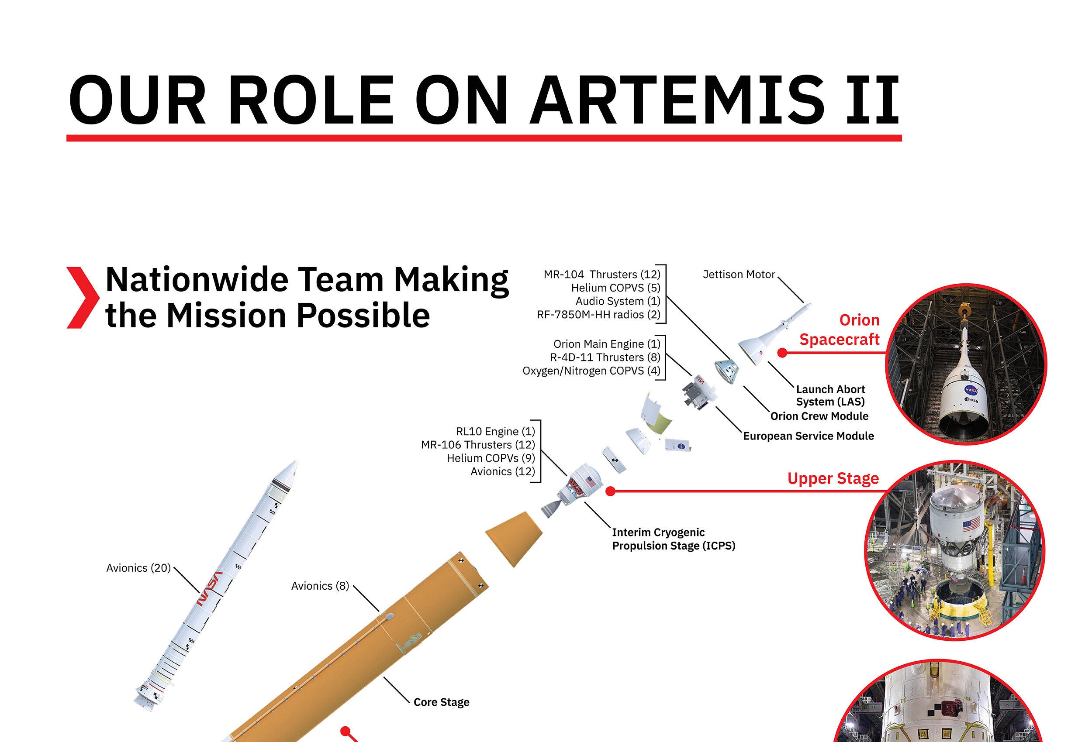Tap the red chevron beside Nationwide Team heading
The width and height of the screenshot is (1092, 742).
[83, 298]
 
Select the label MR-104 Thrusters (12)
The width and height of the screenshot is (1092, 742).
[602, 274]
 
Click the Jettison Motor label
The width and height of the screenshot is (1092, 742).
[739, 274]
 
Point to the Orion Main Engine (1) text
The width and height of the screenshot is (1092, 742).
[607, 344]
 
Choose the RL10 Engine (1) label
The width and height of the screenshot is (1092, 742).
[495, 431]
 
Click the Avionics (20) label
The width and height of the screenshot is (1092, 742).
[138, 568]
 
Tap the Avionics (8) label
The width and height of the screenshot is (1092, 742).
[320, 586]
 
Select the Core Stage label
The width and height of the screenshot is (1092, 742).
[441, 702]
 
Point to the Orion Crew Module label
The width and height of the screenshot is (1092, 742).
[819, 416]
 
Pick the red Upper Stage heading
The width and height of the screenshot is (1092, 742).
[833, 478]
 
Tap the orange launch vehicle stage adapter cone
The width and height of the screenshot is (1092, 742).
[514, 539]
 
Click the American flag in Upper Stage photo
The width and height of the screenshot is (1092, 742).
[972, 525]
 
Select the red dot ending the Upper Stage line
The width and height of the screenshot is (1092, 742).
[610, 491]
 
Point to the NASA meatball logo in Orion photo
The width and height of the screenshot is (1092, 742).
[971, 390]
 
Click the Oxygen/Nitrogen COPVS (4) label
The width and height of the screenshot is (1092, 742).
[591, 371]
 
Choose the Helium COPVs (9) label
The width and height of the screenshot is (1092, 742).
[491, 458]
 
